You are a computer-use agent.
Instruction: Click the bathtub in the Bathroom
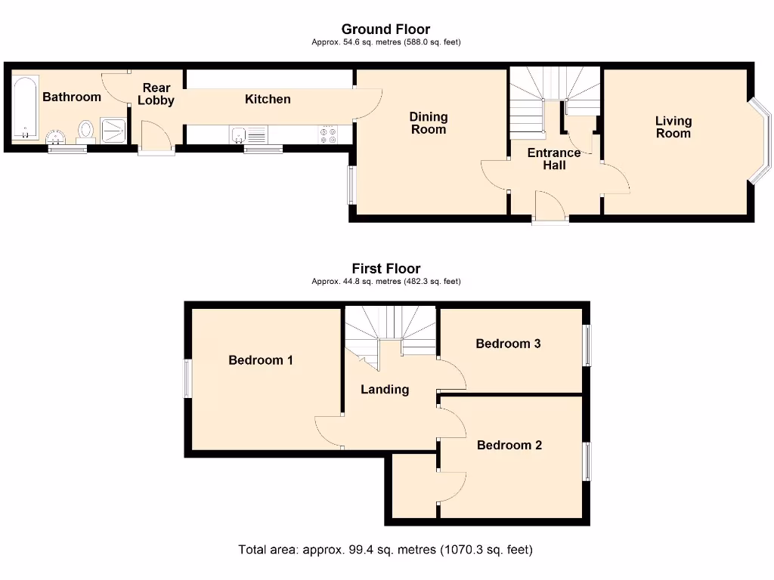tap(25, 108)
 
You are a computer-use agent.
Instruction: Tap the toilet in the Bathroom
tap(85, 131)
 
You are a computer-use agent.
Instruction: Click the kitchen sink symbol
tap(239, 135)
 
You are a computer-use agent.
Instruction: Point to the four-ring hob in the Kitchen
tap(329, 134)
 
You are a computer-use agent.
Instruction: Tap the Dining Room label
tap(429, 123)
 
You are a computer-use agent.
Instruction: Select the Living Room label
tap(673, 127)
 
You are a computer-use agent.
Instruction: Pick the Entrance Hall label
tap(554, 159)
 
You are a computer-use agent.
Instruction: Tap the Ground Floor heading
tap(386, 29)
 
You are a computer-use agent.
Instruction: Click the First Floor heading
tap(386, 268)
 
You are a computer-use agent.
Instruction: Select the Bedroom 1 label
tap(261, 360)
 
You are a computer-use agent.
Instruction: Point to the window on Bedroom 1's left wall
tap(188, 378)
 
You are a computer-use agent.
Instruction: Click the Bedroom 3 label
tap(508, 344)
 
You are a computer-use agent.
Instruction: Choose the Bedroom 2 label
tap(509, 445)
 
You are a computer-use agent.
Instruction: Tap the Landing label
tap(385, 390)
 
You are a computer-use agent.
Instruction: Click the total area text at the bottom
tap(385, 550)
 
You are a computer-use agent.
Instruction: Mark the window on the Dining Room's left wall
tap(351, 184)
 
